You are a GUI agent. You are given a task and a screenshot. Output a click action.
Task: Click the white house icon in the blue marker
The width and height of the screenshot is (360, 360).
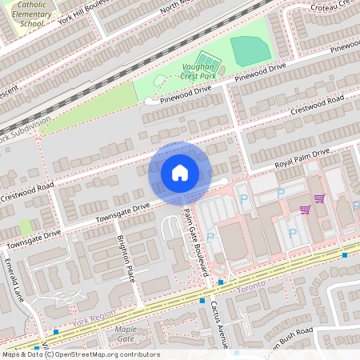pos(180,173)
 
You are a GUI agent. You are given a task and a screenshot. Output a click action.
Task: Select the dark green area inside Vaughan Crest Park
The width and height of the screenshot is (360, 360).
pos(250,50)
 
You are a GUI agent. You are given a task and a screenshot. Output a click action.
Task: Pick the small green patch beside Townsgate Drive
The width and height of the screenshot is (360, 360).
pos(26,227)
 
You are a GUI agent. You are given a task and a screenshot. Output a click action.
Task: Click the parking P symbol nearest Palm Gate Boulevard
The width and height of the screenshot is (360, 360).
pos(210,237)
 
